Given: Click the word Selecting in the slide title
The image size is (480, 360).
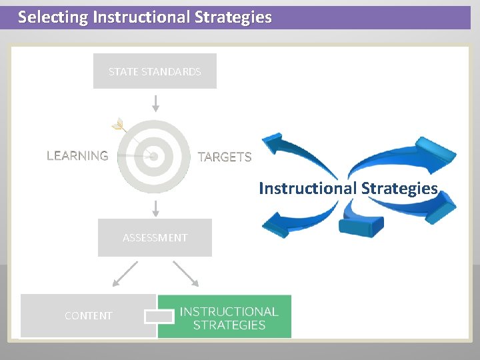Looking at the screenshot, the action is click(x=51, y=17).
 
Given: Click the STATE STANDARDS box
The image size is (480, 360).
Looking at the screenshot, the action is click(x=155, y=71).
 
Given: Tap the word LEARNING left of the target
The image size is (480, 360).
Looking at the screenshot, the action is click(x=77, y=156).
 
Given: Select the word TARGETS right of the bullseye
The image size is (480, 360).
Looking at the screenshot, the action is click(x=225, y=157).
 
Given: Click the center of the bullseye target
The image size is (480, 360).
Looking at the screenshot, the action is click(x=154, y=156).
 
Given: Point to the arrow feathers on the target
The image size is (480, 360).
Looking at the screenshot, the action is click(x=119, y=125).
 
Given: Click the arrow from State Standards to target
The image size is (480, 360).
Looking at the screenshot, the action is click(x=155, y=103).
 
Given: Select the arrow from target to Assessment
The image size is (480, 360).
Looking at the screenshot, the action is click(x=155, y=208).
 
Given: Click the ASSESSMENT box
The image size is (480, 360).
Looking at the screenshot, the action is click(x=155, y=237).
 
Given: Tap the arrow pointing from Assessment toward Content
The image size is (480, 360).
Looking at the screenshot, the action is click(x=125, y=274).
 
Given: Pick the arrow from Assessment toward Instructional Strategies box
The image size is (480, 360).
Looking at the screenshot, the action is click(x=185, y=274).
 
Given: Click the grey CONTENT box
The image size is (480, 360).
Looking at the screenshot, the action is click(x=88, y=315).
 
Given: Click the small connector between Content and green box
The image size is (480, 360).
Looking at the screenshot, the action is click(x=158, y=316).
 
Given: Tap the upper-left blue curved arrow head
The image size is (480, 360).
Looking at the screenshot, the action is click(x=273, y=143).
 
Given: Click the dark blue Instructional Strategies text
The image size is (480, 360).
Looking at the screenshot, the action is click(x=348, y=188).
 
